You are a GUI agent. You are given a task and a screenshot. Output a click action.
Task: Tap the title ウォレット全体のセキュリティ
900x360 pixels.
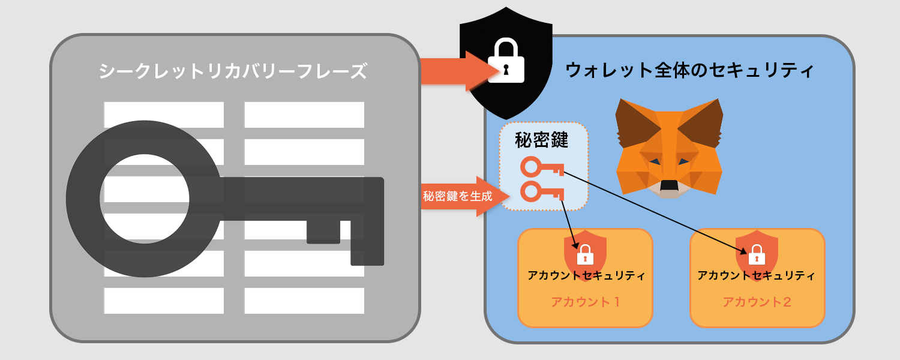689,70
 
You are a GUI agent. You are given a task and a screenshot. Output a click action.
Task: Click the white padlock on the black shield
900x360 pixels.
506,61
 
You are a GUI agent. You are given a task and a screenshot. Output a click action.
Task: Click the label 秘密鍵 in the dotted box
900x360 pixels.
542,140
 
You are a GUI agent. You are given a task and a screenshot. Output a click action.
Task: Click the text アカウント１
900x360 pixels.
585,302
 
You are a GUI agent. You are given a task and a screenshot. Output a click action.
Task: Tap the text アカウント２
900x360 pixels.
757,302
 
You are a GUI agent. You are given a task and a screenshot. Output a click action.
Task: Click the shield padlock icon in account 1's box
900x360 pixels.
585,255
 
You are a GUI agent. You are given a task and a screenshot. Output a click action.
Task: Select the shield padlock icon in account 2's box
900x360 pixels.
757,255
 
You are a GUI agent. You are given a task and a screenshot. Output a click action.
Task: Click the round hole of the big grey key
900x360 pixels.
144,199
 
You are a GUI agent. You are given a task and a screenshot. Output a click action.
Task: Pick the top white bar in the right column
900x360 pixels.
304,115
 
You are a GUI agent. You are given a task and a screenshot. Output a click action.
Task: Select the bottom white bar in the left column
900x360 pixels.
164,301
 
